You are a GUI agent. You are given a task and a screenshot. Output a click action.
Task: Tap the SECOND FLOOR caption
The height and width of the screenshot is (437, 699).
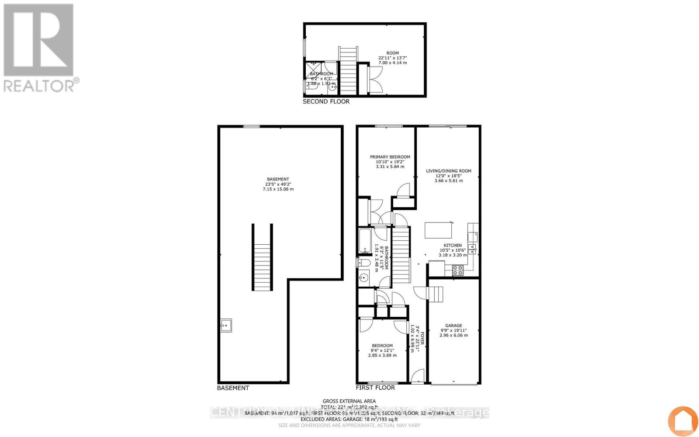326,101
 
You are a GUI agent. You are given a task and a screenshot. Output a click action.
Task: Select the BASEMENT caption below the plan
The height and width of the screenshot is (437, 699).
233,388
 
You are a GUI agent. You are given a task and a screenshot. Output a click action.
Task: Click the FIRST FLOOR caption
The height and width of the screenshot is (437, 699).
375,388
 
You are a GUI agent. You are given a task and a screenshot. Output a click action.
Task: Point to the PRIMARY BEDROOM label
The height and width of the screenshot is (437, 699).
390,157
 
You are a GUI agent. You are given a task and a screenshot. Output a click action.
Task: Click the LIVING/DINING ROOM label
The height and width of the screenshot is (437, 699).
449,171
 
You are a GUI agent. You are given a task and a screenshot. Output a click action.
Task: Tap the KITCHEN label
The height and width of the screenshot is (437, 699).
453,246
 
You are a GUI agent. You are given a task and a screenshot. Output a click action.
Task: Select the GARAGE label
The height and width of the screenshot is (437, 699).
453,326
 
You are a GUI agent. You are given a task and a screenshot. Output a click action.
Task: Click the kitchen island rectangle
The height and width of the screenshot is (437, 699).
439,230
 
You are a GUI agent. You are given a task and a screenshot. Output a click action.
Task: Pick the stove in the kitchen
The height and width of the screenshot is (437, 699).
457,271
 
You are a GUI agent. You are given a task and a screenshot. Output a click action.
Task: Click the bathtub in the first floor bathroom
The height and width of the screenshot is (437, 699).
365,241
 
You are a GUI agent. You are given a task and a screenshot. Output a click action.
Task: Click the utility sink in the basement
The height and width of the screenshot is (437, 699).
226,326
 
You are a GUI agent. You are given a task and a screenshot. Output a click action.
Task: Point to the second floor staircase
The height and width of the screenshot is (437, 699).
348,72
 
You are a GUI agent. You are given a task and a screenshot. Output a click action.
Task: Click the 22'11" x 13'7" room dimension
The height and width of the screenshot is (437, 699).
392,58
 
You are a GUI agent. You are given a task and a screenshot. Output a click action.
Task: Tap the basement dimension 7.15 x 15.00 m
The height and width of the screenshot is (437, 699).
278,189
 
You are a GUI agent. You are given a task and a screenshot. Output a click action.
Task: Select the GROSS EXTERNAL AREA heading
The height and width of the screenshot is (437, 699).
349,401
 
